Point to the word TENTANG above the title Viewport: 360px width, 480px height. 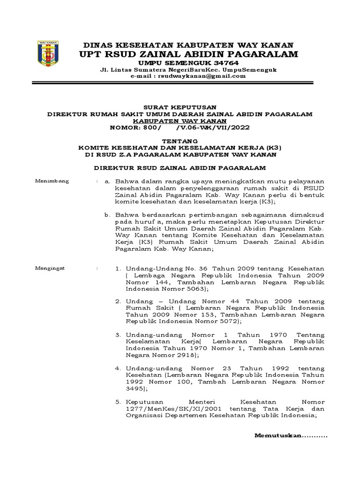point(180,141)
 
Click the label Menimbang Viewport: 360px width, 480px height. point(52,181)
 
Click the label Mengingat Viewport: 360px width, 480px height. point(52,268)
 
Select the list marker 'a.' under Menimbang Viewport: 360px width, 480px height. point(107,181)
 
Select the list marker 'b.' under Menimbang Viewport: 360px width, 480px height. point(107,215)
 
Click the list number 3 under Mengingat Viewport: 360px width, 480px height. point(118,336)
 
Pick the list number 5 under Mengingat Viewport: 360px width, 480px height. point(118,402)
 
